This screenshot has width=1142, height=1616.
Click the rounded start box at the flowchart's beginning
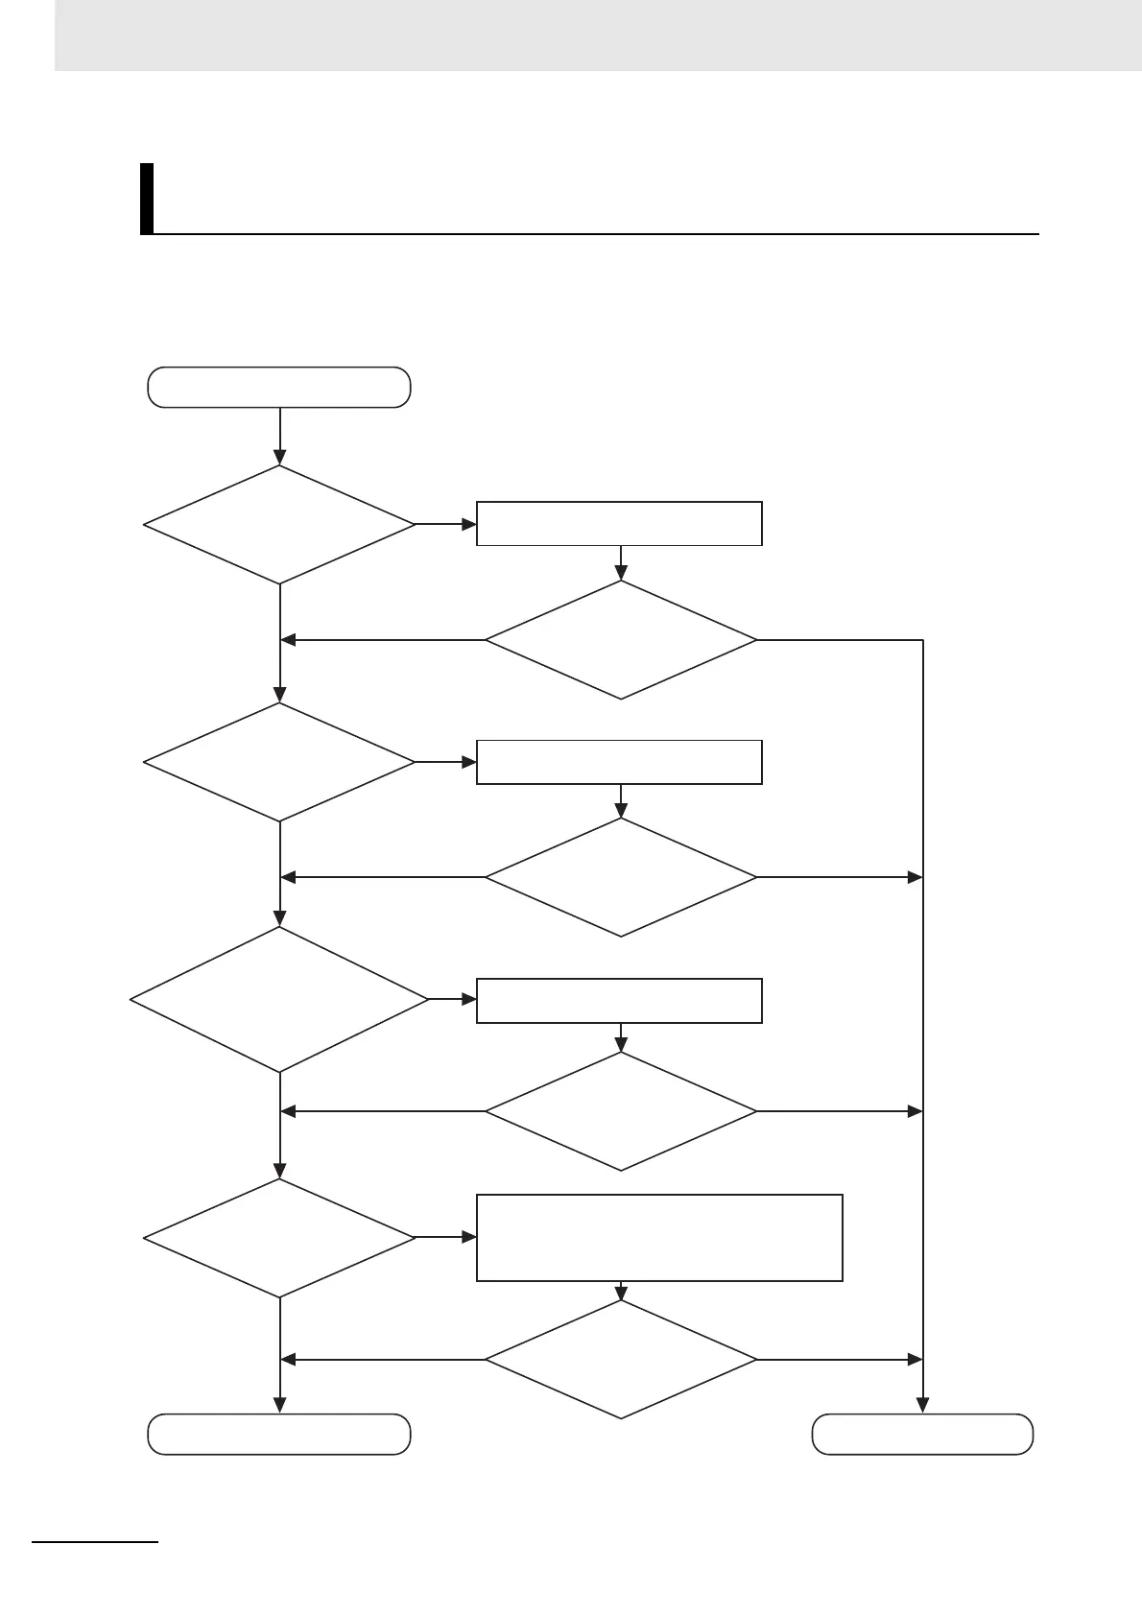click(279, 387)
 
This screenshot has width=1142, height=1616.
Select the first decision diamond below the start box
click(279, 525)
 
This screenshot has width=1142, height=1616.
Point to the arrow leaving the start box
click(279, 437)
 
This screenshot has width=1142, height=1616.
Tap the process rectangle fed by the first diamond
click(619, 523)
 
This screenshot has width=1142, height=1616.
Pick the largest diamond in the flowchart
click(279, 999)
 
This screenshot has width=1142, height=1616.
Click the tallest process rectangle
click(659, 1237)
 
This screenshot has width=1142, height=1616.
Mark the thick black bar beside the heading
click(147, 199)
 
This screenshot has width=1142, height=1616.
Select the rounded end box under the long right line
click(922, 1434)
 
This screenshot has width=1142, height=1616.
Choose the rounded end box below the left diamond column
click(279, 1434)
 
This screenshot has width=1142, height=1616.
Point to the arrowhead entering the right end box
click(922, 1406)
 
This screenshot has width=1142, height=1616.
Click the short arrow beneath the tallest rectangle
click(621, 1291)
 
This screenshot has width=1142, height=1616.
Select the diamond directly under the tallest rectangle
click(621, 1359)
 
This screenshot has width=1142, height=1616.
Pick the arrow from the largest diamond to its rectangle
click(452, 999)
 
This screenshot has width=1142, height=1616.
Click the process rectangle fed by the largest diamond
click(619, 1001)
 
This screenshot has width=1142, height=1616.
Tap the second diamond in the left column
click(279, 762)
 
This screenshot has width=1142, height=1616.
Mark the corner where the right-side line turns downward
click(922, 640)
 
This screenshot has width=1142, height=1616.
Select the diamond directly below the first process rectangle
click(621, 640)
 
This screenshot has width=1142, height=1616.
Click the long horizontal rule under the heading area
click(595, 233)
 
